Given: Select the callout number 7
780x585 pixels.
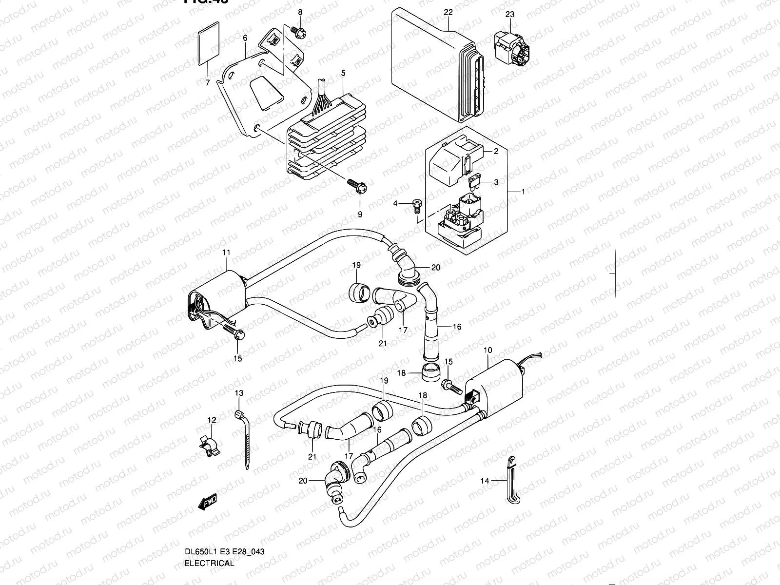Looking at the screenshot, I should [x=207, y=83].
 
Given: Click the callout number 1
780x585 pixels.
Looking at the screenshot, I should [x=524, y=192].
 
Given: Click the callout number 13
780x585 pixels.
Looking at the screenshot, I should [x=239, y=393].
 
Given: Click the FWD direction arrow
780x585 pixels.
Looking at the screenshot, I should [x=208, y=502].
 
